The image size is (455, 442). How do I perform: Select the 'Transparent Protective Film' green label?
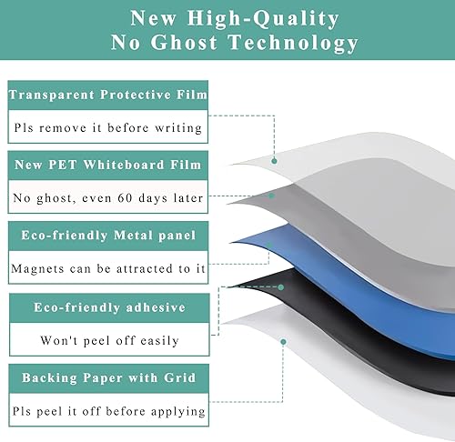pyautogui.click(x=108, y=94)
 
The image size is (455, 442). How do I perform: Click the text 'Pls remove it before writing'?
pyautogui.click(x=108, y=127)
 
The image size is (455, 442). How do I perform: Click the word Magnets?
pyautogui.click(x=39, y=268)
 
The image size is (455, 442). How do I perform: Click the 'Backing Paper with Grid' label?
pyautogui.click(x=108, y=377)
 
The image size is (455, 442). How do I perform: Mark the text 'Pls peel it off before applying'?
pyautogui.click(x=108, y=411)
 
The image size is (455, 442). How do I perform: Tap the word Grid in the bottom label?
pyautogui.click(x=184, y=377)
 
